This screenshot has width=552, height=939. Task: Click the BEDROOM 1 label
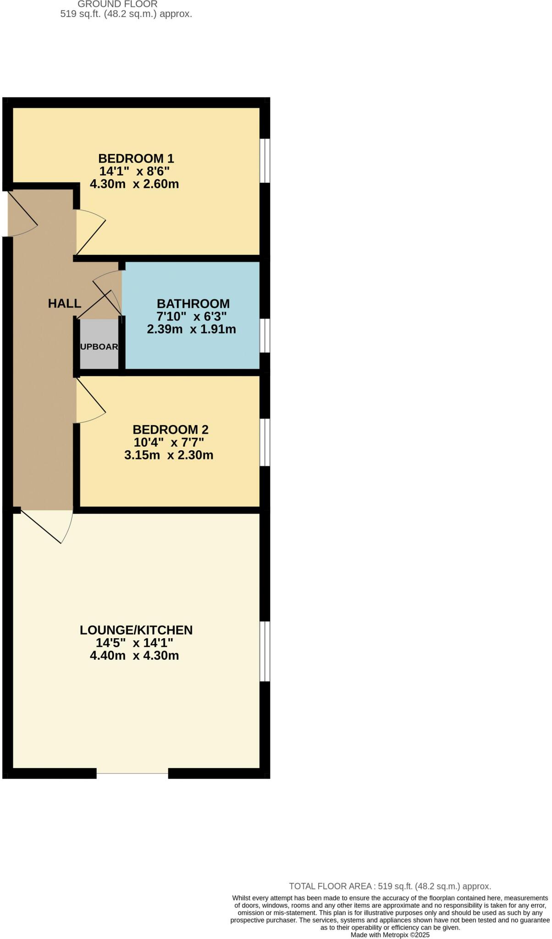click(136, 159)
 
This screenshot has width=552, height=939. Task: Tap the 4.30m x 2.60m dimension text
click(134, 184)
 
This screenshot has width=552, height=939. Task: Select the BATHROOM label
click(193, 304)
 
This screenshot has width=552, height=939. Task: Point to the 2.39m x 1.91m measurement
click(191, 329)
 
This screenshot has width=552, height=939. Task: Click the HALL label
click(65, 303)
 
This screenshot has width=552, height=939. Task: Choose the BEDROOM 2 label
click(170, 430)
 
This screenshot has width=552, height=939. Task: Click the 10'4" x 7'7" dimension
click(168, 442)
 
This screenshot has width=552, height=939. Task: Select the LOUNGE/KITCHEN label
click(136, 630)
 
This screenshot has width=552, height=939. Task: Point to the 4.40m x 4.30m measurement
click(134, 656)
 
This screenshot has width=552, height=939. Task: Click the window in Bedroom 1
click(265, 160)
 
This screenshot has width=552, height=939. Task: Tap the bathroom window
click(265, 336)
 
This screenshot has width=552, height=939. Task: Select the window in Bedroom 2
click(265, 442)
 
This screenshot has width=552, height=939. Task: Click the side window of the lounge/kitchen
click(265, 651)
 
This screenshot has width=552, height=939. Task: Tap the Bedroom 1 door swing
click(90, 232)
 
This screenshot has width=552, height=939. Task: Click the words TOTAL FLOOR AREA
click(330, 886)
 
